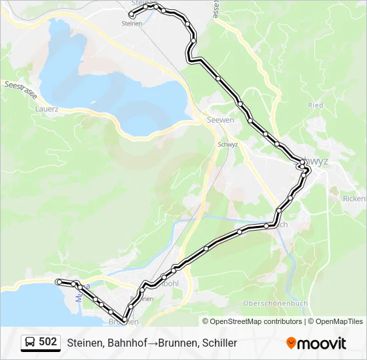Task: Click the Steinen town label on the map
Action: pyautogui.click(x=132, y=23)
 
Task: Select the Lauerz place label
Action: pyautogui.click(x=48, y=109)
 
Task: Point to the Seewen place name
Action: pyautogui.click(x=221, y=120)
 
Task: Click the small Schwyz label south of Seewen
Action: pyautogui.click(x=227, y=144)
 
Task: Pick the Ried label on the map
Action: pyautogui.click(x=316, y=105)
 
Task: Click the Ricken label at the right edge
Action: pyautogui.click(x=354, y=199)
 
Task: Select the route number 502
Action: pyautogui.click(x=48, y=342)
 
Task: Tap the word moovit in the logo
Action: pyautogui.click(x=322, y=343)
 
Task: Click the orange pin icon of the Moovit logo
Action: pyautogui.click(x=291, y=343)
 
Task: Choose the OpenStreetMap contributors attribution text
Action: pyautogui.click(x=254, y=321)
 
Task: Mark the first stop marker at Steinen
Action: pyautogui.click(x=131, y=15)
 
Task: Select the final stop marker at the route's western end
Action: pyautogui.click(x=59, y=282)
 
